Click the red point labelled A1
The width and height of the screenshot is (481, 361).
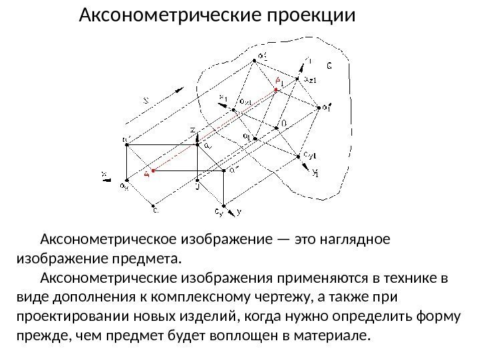coord(277,90)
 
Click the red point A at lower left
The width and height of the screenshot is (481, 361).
coord(153,171)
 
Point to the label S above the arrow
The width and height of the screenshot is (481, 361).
coord(147,102)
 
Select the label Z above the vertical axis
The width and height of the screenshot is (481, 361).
coord(193,129)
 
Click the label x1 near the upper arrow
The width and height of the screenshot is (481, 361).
coord(223,99)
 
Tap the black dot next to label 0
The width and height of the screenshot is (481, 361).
coord(275,126)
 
